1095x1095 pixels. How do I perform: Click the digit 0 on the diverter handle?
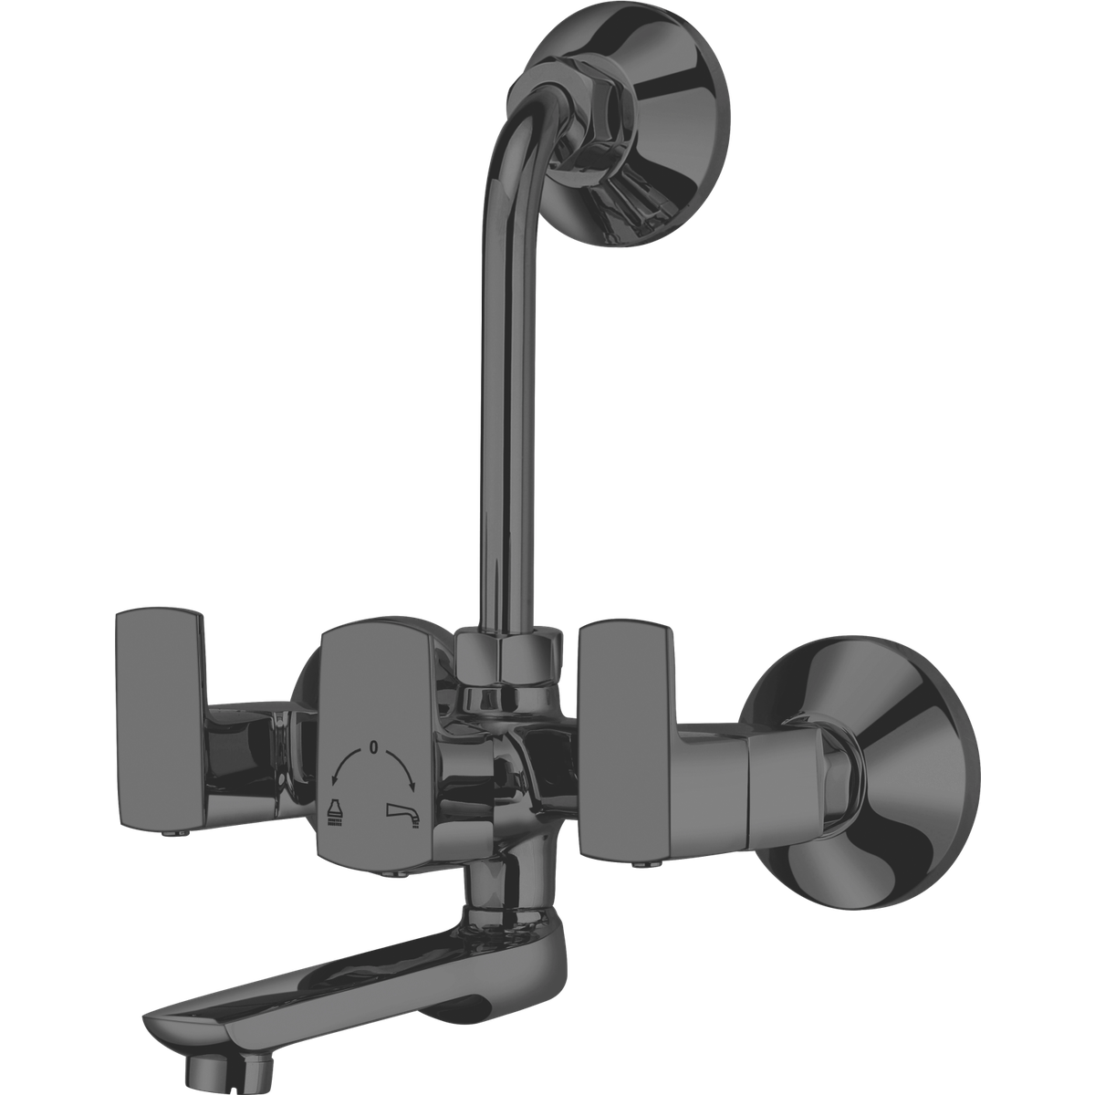point(373,747)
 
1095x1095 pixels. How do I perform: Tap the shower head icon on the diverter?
point(334,813)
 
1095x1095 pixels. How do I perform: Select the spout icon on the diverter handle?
point(402,811)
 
